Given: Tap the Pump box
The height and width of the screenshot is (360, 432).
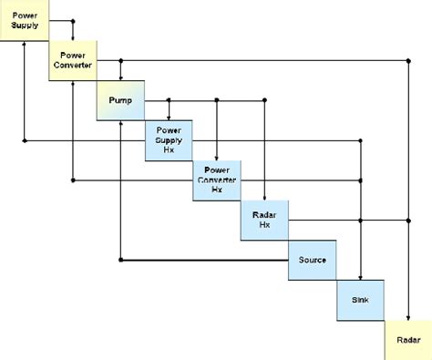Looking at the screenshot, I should [121, 100].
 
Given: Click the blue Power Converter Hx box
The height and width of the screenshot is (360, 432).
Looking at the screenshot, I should [216, 180].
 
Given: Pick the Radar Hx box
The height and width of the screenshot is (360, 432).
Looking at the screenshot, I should [264, 219].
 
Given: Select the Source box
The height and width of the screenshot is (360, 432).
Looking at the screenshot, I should [313, 260].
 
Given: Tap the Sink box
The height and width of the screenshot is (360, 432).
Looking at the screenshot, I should [360, 299].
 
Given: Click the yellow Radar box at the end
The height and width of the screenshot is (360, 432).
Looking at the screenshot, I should [407, 340].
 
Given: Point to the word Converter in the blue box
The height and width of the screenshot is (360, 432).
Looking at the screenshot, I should [216, 180].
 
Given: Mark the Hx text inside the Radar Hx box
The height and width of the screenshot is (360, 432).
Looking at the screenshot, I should [264, 225].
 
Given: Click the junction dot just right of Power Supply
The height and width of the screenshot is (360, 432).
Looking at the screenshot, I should [74, 19].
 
